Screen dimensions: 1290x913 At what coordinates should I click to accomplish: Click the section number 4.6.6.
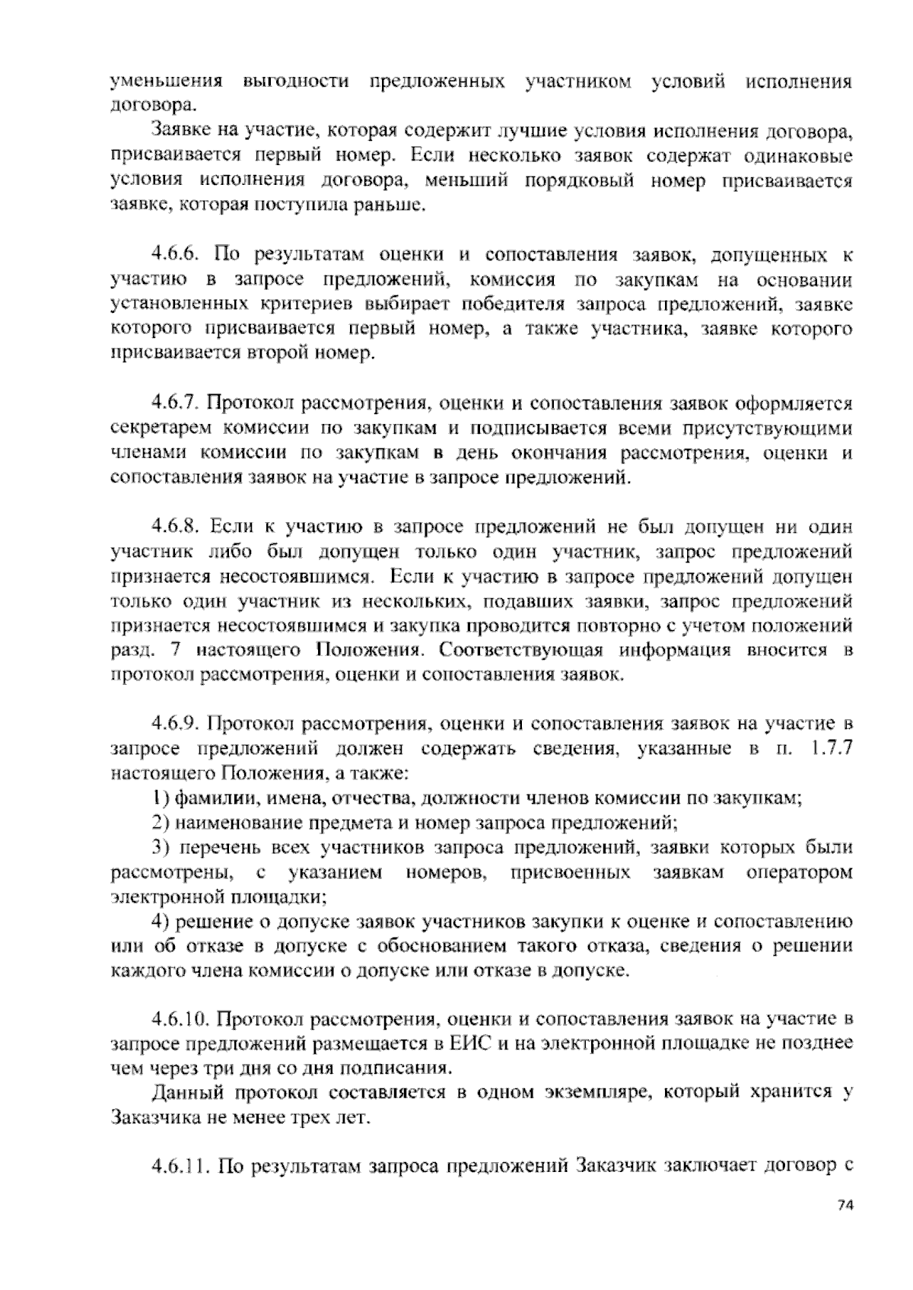(176, 254)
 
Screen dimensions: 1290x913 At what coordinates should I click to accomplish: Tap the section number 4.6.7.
(176, 403)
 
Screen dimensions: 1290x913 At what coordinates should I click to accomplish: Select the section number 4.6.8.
(176, 527)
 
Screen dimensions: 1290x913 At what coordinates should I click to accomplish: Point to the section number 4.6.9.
(176, 723)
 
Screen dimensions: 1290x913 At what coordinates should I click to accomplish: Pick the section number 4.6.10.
(180, 1018)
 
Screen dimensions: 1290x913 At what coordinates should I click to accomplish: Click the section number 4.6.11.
(180, 1167)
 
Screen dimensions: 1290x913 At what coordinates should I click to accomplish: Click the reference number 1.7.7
(832, 749)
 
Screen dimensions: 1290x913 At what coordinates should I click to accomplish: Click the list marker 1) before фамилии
(161, 798)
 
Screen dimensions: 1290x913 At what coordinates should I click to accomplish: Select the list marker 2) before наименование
(161, 823)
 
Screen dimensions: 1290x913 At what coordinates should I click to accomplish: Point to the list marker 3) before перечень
(161, 848)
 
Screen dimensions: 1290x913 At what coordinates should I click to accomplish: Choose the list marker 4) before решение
(161, 922)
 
